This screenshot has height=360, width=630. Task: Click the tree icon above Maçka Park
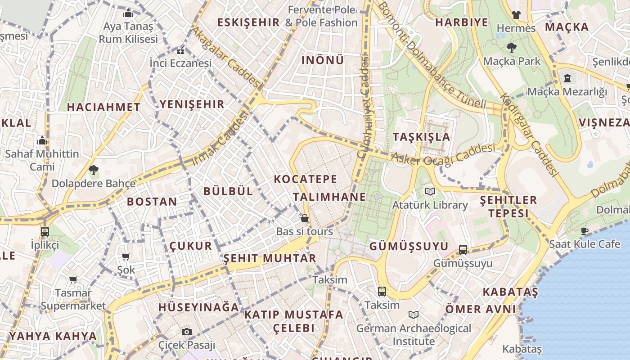511,47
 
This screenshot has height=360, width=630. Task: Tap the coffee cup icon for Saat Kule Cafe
584,231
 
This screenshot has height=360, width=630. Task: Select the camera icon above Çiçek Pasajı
187,332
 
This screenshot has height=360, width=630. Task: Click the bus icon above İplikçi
45,232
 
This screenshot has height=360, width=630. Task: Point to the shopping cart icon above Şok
126,257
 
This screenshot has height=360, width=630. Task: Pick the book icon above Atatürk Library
430,192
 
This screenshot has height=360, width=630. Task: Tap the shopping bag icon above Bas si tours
305,219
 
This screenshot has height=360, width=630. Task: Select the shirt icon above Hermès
516,15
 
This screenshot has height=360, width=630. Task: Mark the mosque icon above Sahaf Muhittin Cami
42,141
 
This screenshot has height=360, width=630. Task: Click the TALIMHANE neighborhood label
329,197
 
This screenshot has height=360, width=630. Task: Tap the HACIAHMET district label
103,107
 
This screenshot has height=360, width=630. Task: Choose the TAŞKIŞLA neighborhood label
421,137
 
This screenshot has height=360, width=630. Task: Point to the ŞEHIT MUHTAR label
270,258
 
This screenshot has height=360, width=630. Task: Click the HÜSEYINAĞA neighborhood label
198,307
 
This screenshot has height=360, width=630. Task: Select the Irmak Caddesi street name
220,139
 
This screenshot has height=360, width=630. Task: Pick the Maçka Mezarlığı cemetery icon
567,79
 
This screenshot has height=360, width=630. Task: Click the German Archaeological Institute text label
414,335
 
